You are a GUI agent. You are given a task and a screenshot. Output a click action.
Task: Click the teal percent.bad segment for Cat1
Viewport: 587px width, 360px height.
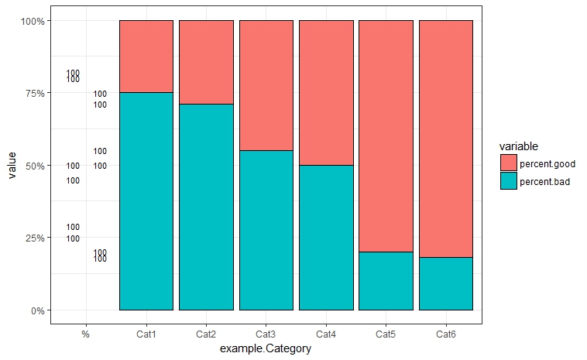pyautogui.click(x=146, y=201)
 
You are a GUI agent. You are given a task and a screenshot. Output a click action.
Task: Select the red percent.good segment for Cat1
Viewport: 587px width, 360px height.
pyautogui.click(x=146, y=57)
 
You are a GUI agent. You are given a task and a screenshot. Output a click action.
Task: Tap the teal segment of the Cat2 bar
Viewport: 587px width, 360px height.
pyautogui.click(x=206, y=207)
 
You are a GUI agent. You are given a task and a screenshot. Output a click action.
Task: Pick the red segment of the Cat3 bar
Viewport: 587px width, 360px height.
pyautogui.click(x=266, y=85)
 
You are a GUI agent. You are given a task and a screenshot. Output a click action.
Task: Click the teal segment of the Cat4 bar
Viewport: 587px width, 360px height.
pyautogui.click(x=326, y=237)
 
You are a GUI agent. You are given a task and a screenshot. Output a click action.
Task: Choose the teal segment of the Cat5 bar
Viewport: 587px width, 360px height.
pyautogui.click(x=386, y=280)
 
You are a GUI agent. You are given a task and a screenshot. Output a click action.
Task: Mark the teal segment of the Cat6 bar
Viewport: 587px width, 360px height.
pyautogui.click(x=446, y=283)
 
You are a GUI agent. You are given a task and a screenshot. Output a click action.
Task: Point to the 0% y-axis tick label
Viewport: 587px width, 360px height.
pyautogui.click(x=36, y=310)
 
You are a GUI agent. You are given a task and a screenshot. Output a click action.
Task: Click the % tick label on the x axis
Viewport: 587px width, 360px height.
pyautogui.click(x=85, y=334)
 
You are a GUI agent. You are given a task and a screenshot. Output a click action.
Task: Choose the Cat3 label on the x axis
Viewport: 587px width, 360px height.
pyautogui.click(x=266, y=334)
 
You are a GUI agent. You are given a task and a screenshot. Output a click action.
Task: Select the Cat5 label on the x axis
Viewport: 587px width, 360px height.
pyautogui.click(x=386, y=334)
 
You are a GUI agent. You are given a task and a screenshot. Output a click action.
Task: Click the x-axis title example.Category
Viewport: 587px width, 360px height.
pyautogui.click(x=266, y=349)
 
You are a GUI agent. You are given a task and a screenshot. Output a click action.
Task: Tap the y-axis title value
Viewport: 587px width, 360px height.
pyautogui.click(x=12, y=166)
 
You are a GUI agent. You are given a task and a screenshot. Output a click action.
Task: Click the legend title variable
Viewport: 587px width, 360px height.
pyautogui.click(x=518, y=146)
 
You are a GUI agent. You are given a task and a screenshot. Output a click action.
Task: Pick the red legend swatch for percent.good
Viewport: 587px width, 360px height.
pyautogui.click(x=508, y=163)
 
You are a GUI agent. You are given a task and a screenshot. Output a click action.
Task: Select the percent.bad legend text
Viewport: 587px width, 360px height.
pyautogui.click(x=545, y=181)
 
